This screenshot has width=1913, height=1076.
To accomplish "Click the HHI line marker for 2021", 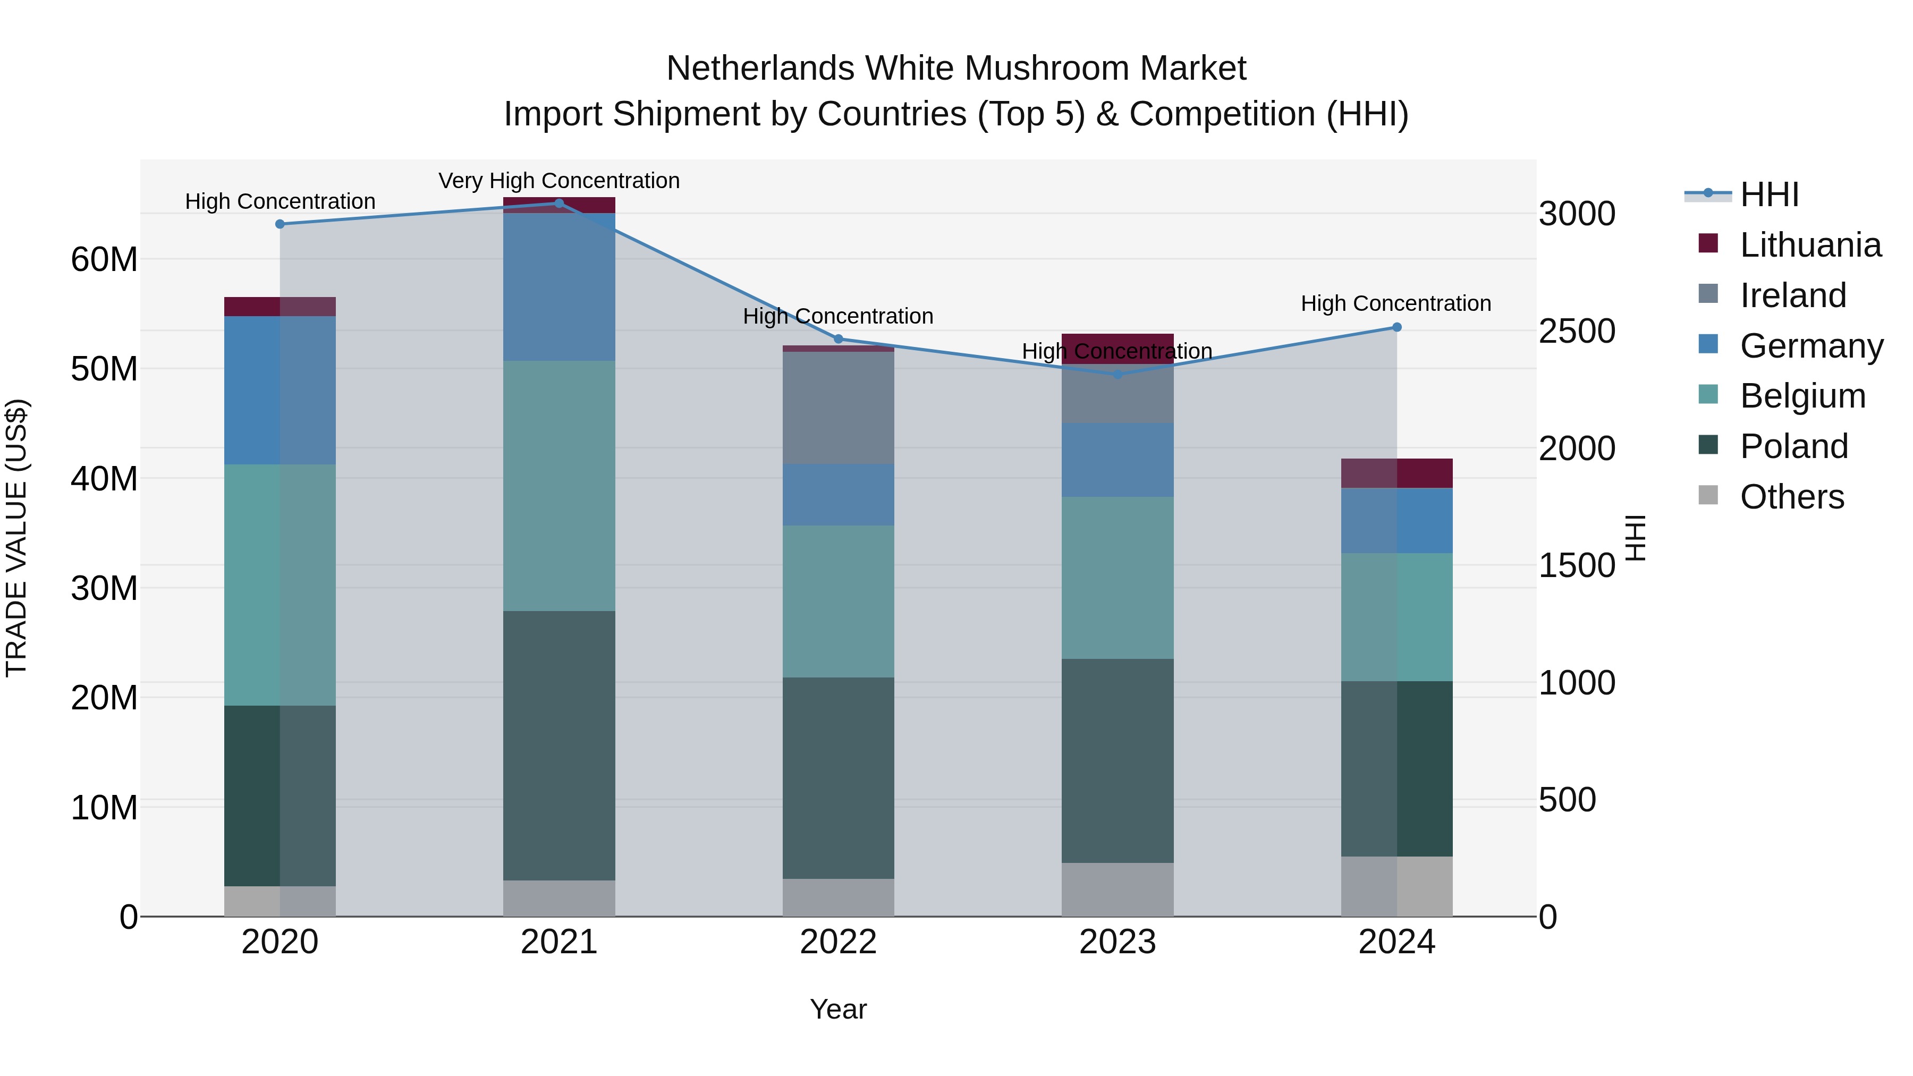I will [559, 203].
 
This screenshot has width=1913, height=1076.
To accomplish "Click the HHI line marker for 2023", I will [1118, 374].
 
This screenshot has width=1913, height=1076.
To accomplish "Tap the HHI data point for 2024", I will [1397, 327].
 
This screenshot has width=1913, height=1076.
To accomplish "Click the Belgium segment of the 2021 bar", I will [559, 486].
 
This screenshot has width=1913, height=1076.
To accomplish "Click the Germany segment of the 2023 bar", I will [1118, 460].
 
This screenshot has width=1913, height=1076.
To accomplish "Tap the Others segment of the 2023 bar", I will [1118, 889].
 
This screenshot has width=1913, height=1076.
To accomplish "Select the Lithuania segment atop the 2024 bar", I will [1397, 473].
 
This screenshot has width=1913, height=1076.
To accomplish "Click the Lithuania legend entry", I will [1810, 245].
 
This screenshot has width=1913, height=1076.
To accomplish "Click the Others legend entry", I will [1791, 497].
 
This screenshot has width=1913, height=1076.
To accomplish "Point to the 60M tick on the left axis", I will [104, 260].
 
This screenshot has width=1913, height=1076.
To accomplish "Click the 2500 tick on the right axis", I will [1577, 331].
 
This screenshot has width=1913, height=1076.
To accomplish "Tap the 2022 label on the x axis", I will [839, 942].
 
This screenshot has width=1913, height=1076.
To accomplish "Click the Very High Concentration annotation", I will [559, 181].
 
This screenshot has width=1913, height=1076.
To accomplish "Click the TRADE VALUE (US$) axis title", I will [16, 538].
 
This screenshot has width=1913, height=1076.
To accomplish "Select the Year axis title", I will [839, 1009].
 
